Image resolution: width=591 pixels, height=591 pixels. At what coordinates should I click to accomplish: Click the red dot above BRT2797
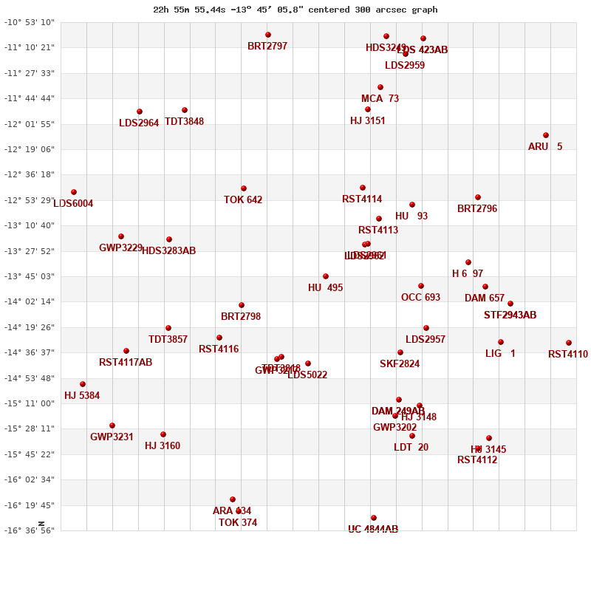point(268,35)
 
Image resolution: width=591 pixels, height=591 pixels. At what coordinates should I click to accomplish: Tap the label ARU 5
point(545,147)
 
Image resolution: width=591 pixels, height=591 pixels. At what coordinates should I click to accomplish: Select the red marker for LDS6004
point(74,192)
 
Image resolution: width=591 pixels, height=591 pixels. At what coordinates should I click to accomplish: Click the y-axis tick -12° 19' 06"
point(30,149)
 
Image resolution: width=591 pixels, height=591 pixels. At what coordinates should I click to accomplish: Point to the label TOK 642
point(243,200)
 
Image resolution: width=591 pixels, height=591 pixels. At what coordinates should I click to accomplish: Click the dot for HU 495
point(326,276)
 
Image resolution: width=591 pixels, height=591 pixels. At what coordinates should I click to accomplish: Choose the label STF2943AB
point(510,315)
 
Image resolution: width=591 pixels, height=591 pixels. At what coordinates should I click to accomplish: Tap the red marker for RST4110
point(569,343)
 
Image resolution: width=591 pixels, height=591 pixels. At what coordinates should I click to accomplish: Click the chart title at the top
point(295,10)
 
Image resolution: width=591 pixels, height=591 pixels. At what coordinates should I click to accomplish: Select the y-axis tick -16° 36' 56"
point(30,530)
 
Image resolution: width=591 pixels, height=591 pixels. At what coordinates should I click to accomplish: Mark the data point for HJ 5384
point(83,384)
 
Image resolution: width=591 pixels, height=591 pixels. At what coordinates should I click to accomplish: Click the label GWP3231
point(112,437)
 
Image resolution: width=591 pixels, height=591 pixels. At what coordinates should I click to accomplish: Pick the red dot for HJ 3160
point(163,434)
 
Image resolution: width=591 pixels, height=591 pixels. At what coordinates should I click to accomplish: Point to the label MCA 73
point(380,99)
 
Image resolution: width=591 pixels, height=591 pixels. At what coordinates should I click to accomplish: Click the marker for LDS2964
point(140,112)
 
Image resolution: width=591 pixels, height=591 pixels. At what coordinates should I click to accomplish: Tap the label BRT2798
point(241,317)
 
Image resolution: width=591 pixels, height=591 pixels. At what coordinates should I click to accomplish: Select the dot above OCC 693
point(421,286)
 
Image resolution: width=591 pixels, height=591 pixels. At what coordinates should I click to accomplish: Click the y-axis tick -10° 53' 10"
point(30,22)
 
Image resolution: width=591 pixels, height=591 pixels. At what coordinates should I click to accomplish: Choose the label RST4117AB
point(126,363)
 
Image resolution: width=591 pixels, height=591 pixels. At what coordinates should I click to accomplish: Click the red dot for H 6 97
point(468,262)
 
